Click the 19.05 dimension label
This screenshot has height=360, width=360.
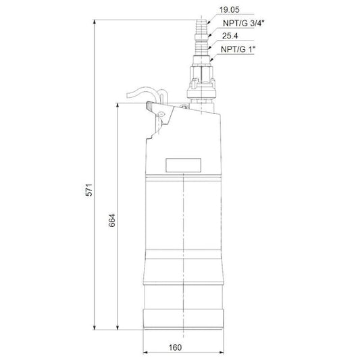tap(229, 9)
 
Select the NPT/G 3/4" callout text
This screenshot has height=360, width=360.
tap(244, 23)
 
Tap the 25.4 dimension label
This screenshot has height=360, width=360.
tap(230, 36)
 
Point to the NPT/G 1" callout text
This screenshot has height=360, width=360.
tap(238, 49)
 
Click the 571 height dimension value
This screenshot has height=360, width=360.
tap(89, 190)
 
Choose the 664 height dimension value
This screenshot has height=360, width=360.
tap(112, 220)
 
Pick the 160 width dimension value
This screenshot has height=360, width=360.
tap(175, 348)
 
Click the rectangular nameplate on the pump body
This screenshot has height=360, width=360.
tap(183, 165)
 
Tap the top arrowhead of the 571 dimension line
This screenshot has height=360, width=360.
tap(94, 22)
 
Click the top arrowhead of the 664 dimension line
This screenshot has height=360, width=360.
tap(118, 105)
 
